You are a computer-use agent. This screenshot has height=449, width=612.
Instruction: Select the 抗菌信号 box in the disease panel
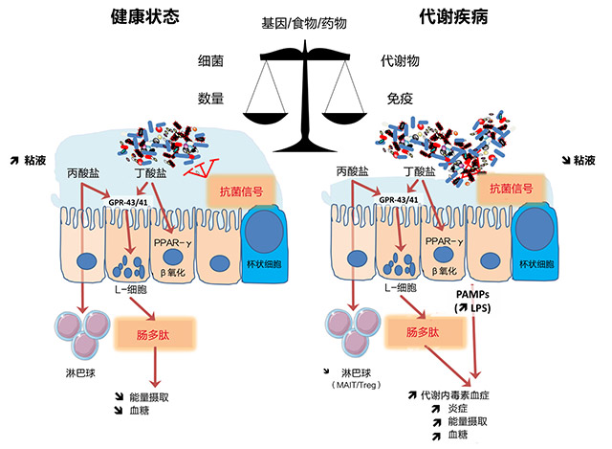pos(514,190)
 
